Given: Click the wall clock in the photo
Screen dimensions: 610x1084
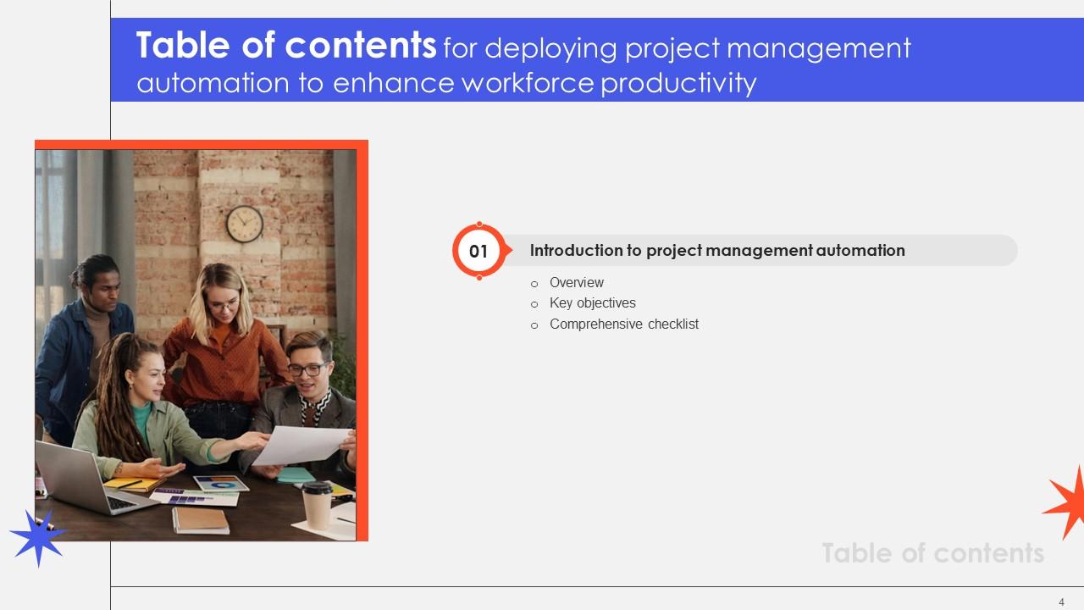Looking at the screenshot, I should click(x=244, y=224).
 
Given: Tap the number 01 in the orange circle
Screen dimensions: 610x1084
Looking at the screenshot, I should click(x=478, y=251).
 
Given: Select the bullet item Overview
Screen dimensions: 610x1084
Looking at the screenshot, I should click(x=576, y=282).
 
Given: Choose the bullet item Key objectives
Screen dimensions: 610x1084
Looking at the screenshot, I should click(x=592, y=302).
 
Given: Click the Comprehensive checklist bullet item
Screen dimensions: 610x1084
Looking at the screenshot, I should click(x=623, y=324).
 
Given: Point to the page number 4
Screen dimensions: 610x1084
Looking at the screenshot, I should click(x=1061, y=602).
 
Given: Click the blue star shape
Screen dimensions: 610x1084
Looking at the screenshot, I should click(x=37, y=537).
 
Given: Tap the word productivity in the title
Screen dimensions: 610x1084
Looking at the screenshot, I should click(x=678, y=83).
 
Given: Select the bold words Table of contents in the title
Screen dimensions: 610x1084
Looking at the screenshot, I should click(x=286, y=47).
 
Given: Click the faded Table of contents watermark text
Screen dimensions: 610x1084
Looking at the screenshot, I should click(x=932, y=553).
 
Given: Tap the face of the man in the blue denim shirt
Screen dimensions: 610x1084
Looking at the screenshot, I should click(x=105, y=292).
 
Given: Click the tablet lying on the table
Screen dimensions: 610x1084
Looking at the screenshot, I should click(x=222, y=484).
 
